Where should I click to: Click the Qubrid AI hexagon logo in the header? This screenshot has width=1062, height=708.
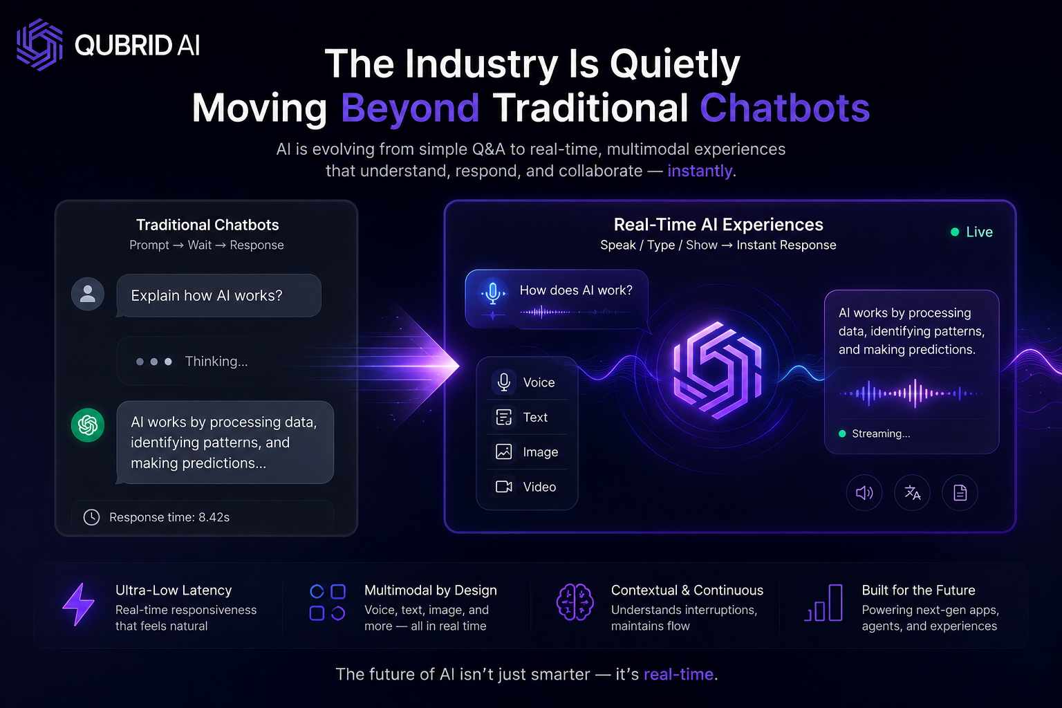pyautogui.click(x=40, y=44)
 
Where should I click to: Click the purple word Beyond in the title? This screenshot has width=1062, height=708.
pyautogui.click(x=410, y=109)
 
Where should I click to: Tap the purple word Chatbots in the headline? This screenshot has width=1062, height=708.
pyautogui.click(x=785, y=108)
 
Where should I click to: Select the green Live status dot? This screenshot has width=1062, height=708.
pyautogui.click(x=955, y=232)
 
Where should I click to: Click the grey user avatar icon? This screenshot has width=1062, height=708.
pyautogui.click(x=88, y=294)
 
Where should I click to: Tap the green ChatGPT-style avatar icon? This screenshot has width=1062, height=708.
pyautogui.click(x=88, y=425)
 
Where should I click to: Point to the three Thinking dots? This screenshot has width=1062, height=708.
pyautogui.click(x=154, y=362)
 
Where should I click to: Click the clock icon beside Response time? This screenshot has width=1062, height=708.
pyautogui.click(x=91, y=517)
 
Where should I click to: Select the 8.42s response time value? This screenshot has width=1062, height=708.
pyautogui.click(x=214, y=517)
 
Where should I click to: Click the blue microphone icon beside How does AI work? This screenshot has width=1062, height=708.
pyautogui.click(x=493, y=293)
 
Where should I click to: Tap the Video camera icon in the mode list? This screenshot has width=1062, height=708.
pyautogui.click(x=503, y=487)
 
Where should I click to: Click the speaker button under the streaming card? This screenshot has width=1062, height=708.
pyautogui.click(x=864, y=493)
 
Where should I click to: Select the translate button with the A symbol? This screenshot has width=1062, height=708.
pyautogui.click(x=912, y=493)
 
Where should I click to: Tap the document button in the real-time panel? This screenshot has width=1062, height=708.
pyautogui.click(x=960, y=493)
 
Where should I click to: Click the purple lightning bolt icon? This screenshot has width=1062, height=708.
pyautogui.click(x=79, y=604)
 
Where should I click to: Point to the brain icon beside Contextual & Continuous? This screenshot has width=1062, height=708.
pyautogui.click(x=575, y=602)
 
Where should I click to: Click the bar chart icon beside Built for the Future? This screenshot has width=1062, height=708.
pyautogui.click(x=824, y=603)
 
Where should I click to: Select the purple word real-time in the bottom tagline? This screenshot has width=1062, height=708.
pyautogui.click(x=678, y=674)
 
